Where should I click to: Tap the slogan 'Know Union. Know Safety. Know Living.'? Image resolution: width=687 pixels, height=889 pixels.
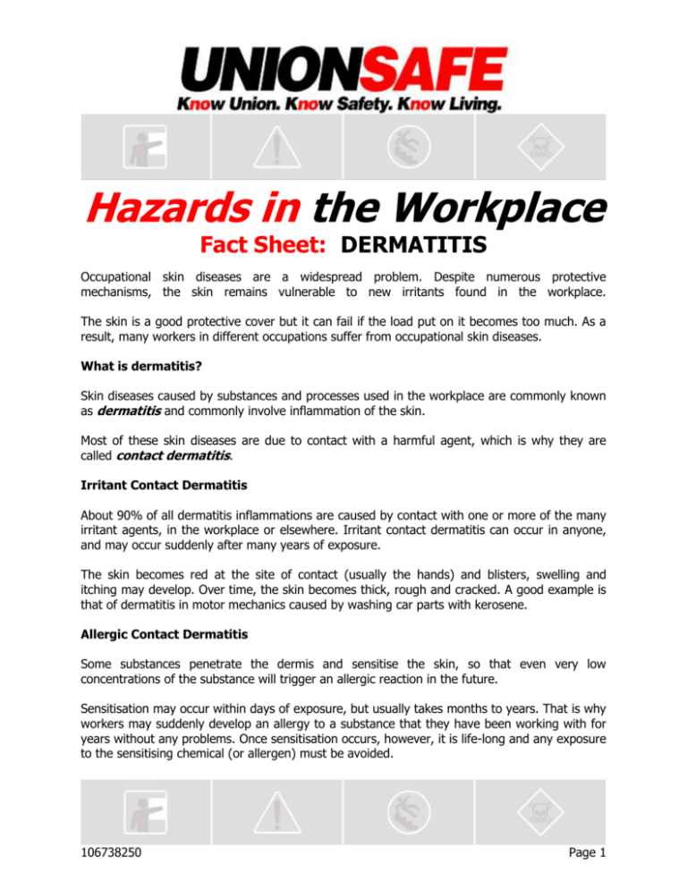(343, 105)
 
